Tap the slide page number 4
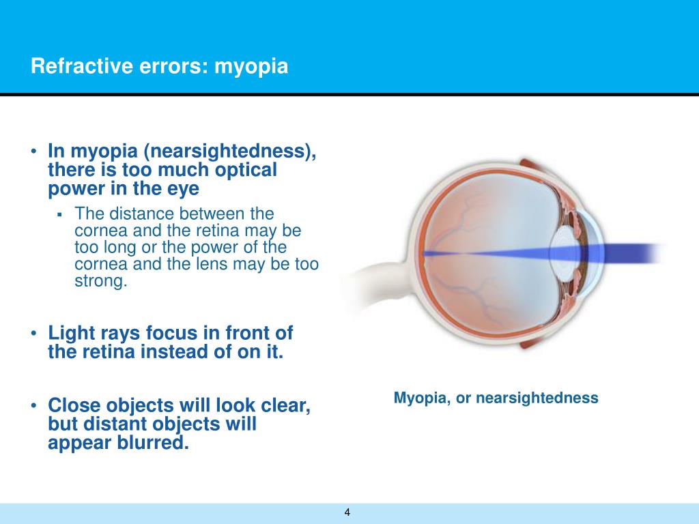[347, 512]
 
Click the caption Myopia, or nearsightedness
[496, 398]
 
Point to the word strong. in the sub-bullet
[101, 281]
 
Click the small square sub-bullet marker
[59, 214]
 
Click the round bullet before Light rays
[33, 334]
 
